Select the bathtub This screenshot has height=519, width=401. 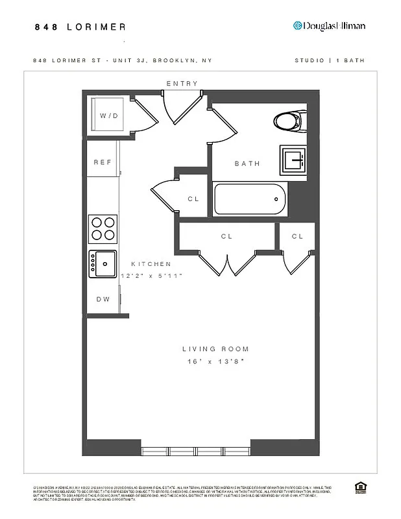250,199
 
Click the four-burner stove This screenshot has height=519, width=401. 103,228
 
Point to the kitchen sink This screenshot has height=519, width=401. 103,263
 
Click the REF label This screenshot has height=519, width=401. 103,162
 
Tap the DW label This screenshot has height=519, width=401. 103,299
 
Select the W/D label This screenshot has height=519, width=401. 109,115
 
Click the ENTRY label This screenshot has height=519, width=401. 182,84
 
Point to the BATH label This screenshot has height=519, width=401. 247,163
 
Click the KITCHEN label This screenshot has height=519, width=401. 151,264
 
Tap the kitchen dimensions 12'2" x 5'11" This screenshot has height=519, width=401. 152,276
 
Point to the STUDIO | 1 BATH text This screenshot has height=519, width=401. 330,60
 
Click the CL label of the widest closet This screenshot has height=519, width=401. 226,236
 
